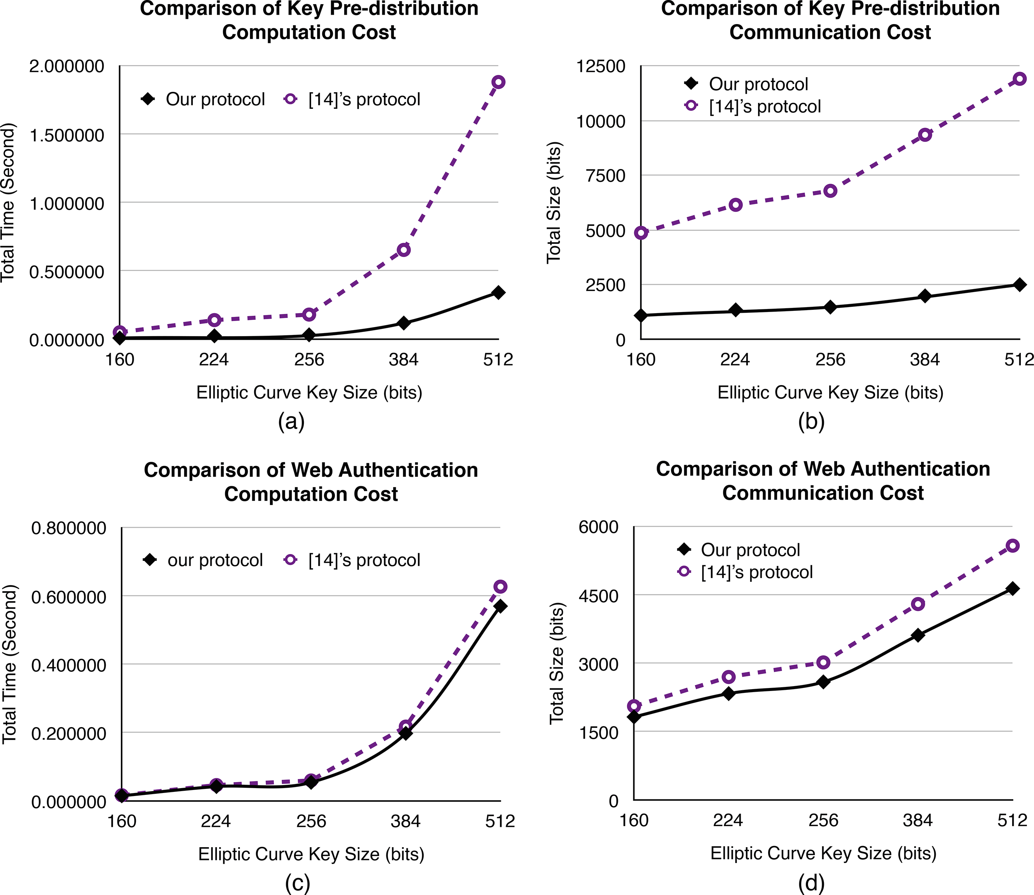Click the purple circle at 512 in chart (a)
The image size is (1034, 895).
[498, 82]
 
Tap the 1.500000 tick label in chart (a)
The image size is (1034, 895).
[67, 135]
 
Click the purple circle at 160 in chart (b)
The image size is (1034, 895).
[641, 233]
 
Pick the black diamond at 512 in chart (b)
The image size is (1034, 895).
[1020, 285]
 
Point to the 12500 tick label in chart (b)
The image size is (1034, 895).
[601, 66]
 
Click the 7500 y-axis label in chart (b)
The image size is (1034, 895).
[607, 176]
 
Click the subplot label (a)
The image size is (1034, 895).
[291, 422]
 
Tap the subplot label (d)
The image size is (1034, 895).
[811, 883]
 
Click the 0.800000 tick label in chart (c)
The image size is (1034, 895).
[69, 528]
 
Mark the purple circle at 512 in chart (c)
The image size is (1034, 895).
[500, 586]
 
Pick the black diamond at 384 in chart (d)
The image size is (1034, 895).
[918, 635]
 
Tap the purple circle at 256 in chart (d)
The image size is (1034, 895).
[823, 663]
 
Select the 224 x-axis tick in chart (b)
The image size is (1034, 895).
[735, 359]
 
